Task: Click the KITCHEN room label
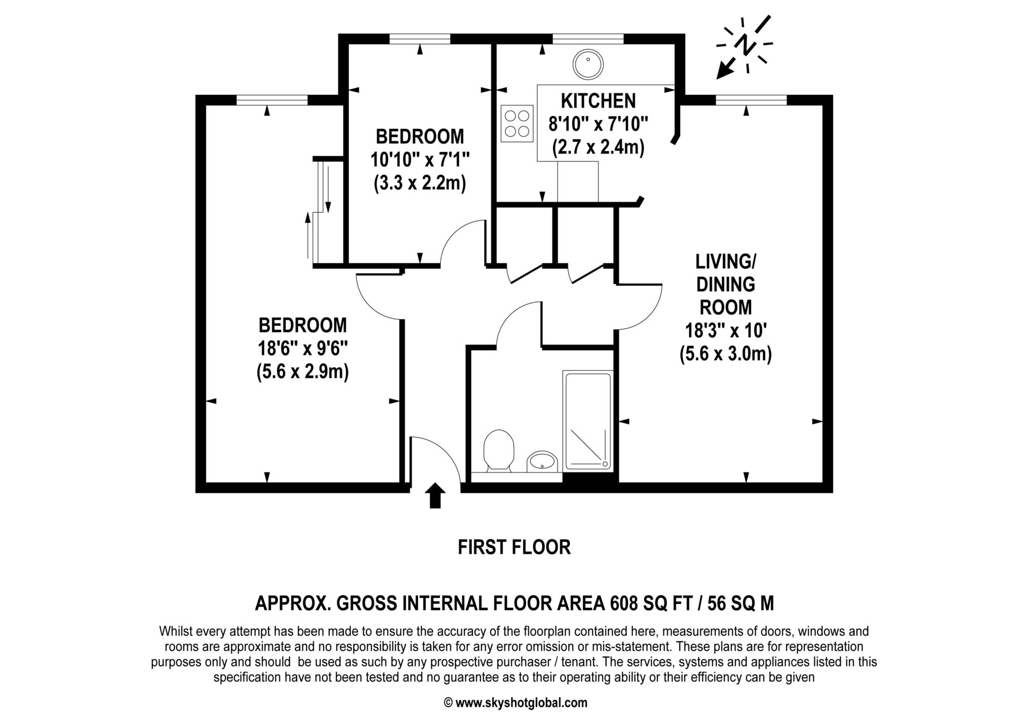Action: (598, 101)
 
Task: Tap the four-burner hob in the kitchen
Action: (517, 124)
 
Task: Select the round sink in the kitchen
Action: (588, 64)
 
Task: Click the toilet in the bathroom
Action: (498, 450)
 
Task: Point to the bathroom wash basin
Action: (542, 461)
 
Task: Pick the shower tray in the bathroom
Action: (588, 421)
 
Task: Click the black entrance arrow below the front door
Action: (435, 496)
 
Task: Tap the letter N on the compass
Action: (745, 45)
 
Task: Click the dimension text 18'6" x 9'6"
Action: (303, 348)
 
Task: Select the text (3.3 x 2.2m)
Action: (420, 183)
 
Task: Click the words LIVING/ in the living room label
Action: (725, 262)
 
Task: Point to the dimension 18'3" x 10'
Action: (725, 331)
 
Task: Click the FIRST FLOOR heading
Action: (514, 547)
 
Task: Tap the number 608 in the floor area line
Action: (624, 603)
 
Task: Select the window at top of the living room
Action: (751, 100)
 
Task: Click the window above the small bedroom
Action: (420, 39)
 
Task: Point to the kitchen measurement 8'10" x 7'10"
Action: (598, 124)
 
